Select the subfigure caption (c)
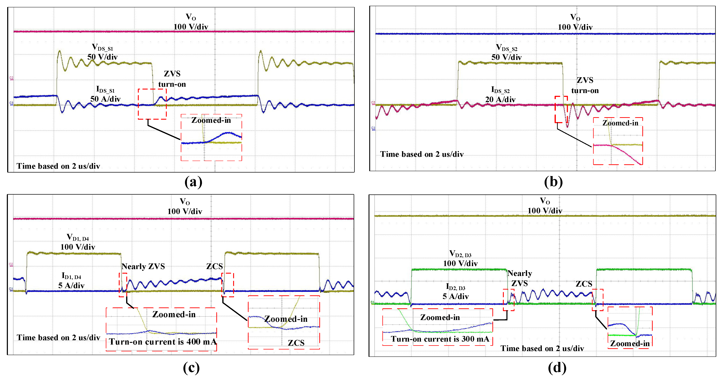coord(191,368)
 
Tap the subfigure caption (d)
coord(557,368)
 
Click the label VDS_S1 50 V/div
coord(102,52)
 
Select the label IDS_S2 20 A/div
coord(500,95)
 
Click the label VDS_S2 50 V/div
coord(506,53)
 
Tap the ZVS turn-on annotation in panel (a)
coord(172,79)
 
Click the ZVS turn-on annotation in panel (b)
coord(585,85)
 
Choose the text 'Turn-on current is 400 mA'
coord(163,342)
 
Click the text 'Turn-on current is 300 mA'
coord(440,339)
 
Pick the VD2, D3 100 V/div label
coord(460,259)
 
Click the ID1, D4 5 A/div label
coord(71,281)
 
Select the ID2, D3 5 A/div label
coord(456,292)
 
